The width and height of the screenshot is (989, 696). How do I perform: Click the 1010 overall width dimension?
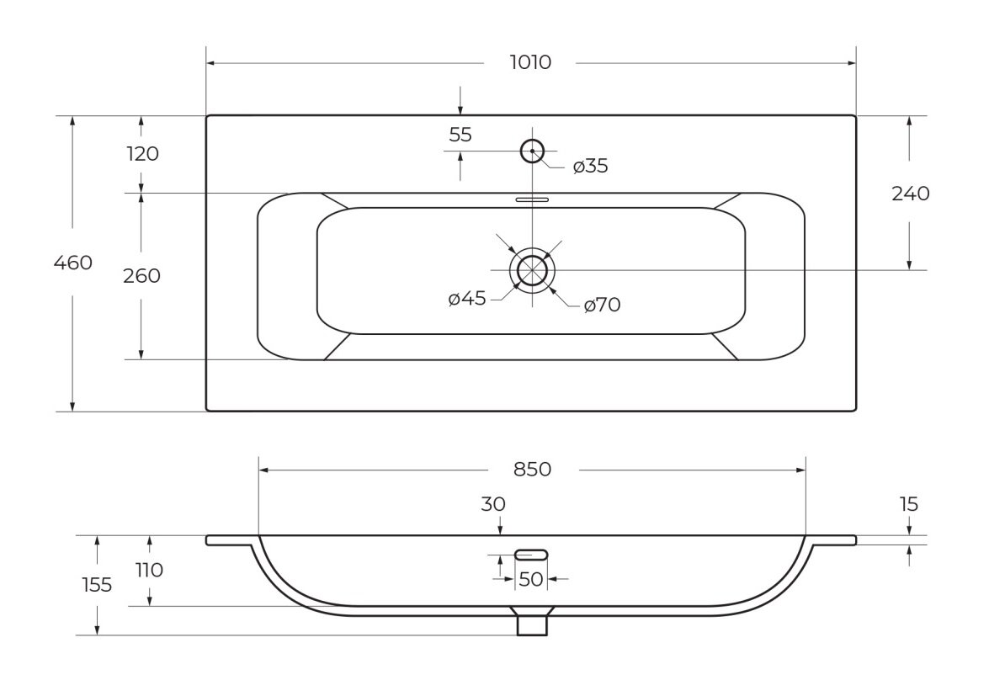coord(530,62)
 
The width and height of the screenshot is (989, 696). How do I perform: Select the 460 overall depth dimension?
coord(73,263)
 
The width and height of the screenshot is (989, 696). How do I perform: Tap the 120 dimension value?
coord(143,154)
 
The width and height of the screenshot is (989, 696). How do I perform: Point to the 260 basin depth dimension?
coord(142,275)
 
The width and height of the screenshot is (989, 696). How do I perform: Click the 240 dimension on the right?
coord(911,194)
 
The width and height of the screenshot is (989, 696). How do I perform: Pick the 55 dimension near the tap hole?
coord(460,135)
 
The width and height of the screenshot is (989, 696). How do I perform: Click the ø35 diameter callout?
coord(590,166)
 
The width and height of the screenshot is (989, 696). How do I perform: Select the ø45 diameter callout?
coord(467,298)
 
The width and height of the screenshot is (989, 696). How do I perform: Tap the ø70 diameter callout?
coord(603,305)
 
